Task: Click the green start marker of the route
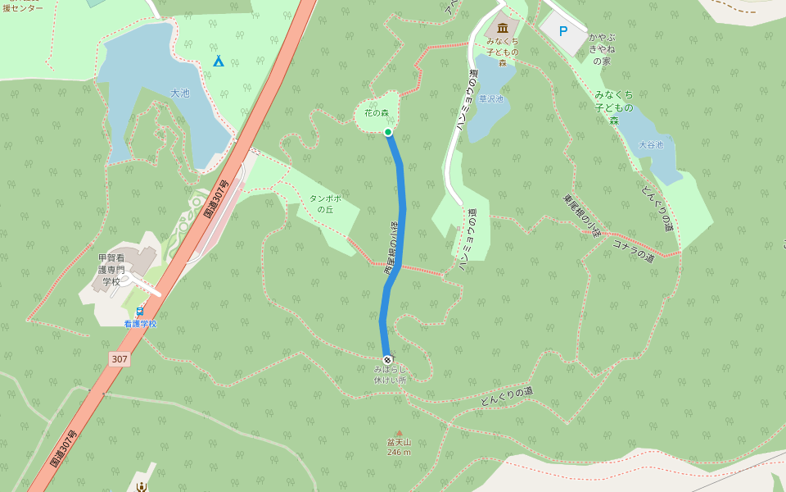pos(388,132)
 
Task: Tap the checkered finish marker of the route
pos(387,360)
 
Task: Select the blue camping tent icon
pos(219,61)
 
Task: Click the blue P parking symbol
pos(562,31)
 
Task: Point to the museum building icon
pos(502,28)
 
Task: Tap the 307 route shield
pos(120,359)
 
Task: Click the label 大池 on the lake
pos(180,93)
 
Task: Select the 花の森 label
pos(377,113)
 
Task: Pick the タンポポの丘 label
pos(325,203)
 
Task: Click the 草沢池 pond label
pos(491,99)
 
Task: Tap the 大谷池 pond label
pos(651,145)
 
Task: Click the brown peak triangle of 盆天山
pos(400,433)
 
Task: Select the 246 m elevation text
pos(399,452)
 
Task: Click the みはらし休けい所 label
pos(390,375)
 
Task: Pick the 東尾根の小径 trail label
pos(582,215)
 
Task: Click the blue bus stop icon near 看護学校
pos(140,311)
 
